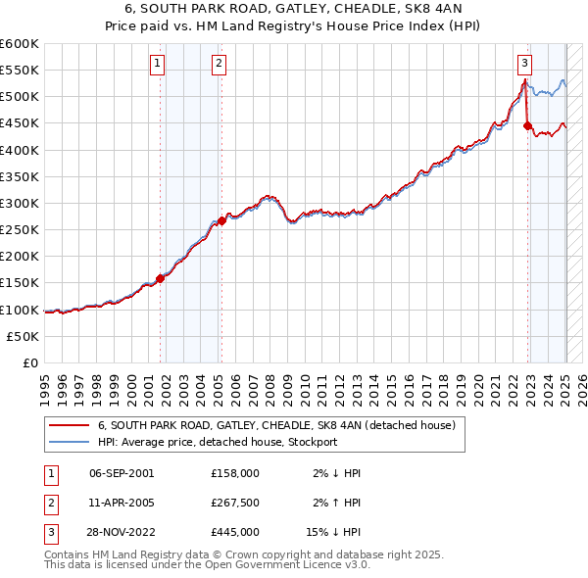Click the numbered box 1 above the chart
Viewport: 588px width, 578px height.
[158, 64]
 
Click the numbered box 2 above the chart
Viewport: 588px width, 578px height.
[218, 64]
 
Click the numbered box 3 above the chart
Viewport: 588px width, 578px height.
[525, 64]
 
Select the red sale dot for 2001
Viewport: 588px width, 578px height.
[160, 278]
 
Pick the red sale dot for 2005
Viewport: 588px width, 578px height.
[221, 220]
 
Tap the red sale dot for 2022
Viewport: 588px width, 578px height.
[527, 125]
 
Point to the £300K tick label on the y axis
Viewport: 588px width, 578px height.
[20, 203]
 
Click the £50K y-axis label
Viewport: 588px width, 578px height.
[24, 336]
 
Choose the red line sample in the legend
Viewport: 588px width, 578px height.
[70, 426]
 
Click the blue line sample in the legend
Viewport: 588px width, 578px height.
[70, 442]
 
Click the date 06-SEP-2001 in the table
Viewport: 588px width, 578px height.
[122, 473]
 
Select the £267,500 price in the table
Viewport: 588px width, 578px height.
[235, 503]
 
